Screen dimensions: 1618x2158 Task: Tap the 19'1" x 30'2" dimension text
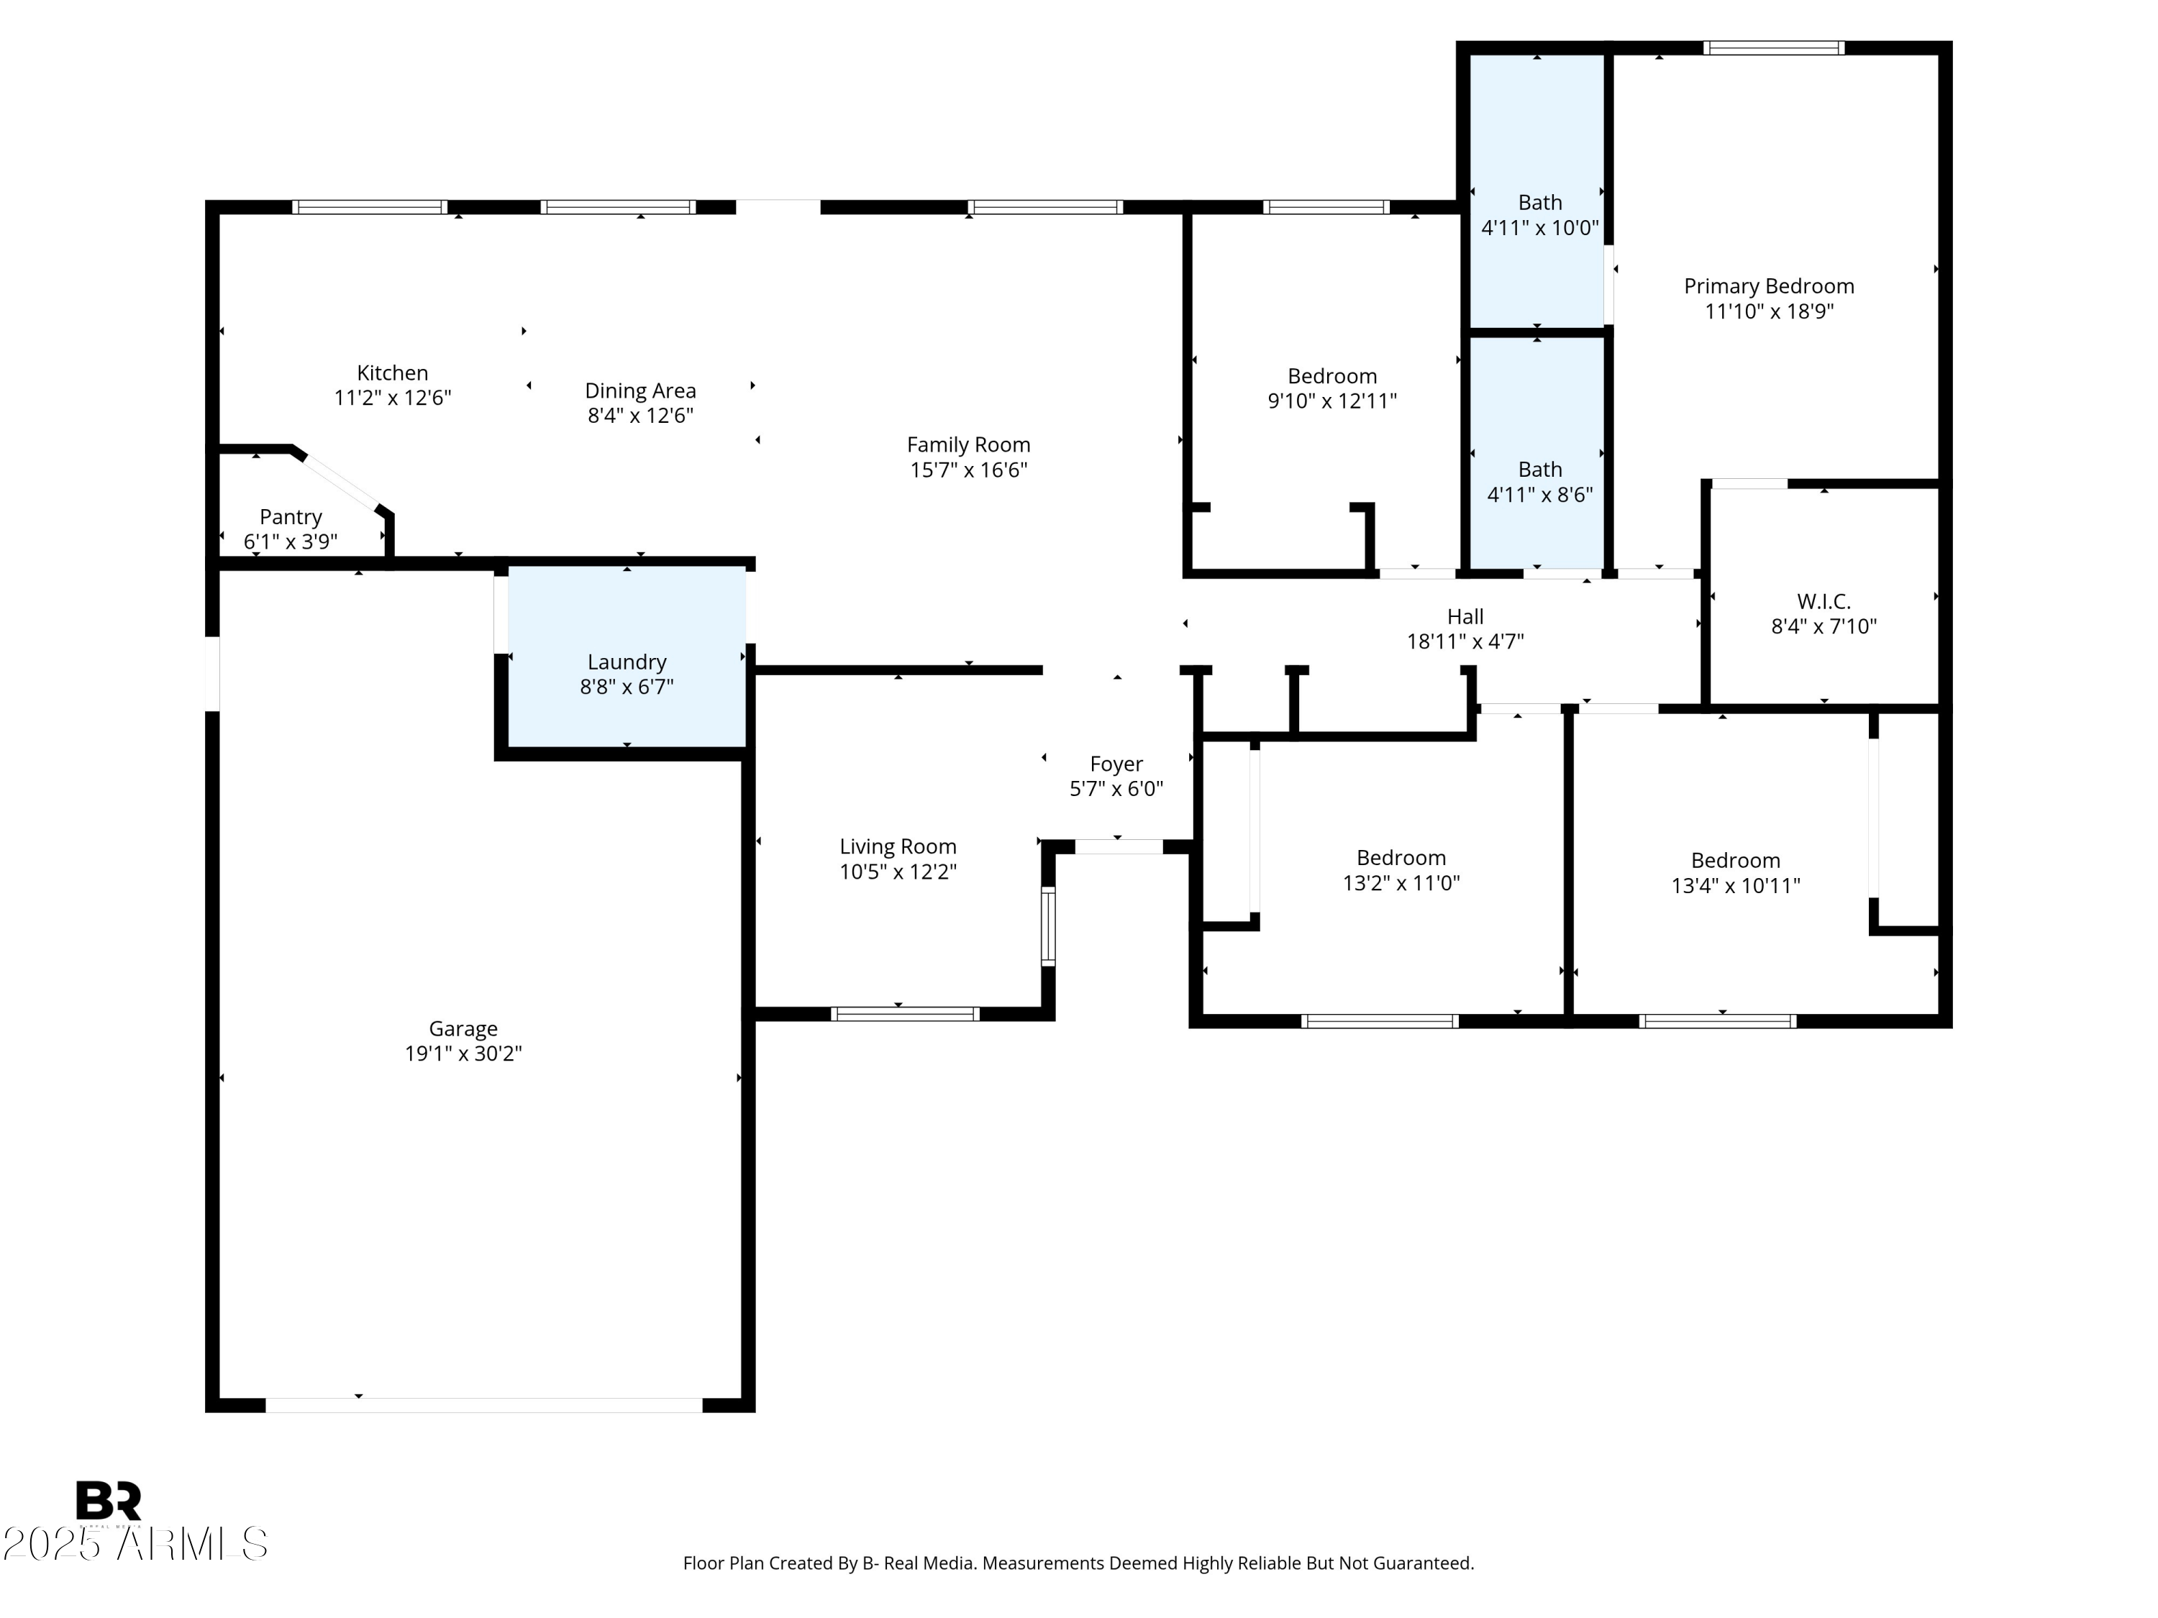(463, 1053)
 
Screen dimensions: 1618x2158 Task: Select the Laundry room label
(627, 662)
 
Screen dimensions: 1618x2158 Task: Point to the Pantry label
(291, 517)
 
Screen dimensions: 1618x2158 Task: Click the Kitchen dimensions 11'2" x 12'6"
(392, 398)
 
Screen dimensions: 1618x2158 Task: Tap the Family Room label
(968, 444)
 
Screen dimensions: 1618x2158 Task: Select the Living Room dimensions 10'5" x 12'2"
(898, 872)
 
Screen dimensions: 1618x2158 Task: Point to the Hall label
(1465, 616)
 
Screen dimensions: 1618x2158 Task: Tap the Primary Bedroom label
(1768, 285)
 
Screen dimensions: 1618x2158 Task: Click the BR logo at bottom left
(109, 1499)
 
